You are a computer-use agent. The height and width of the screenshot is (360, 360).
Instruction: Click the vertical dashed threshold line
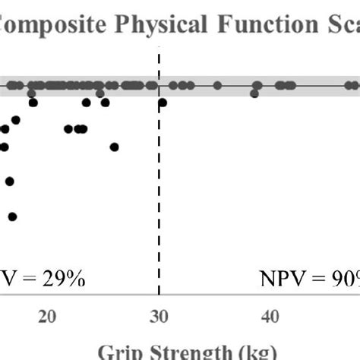point(159,190)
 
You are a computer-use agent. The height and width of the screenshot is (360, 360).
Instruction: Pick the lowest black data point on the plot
point(12,216)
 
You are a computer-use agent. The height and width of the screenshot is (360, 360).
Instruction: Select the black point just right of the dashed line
point(163,102)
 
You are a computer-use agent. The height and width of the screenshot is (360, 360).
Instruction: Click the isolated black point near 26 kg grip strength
point(114,147)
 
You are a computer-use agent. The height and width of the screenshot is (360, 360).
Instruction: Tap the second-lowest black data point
point(10,181)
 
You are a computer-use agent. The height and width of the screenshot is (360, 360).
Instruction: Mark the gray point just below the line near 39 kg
point(254,93)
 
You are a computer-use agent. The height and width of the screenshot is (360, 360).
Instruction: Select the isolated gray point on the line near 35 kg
point(218,85)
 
